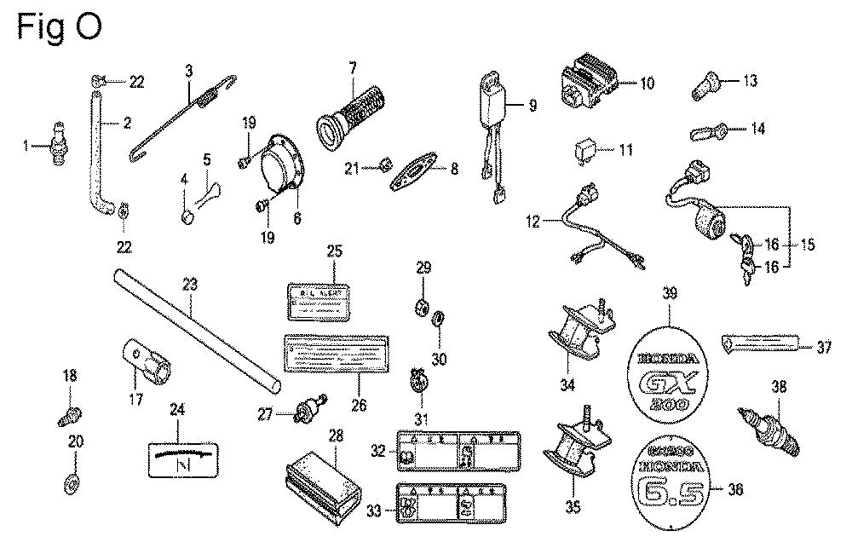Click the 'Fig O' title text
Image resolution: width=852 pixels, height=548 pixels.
[x=60, y=26]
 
